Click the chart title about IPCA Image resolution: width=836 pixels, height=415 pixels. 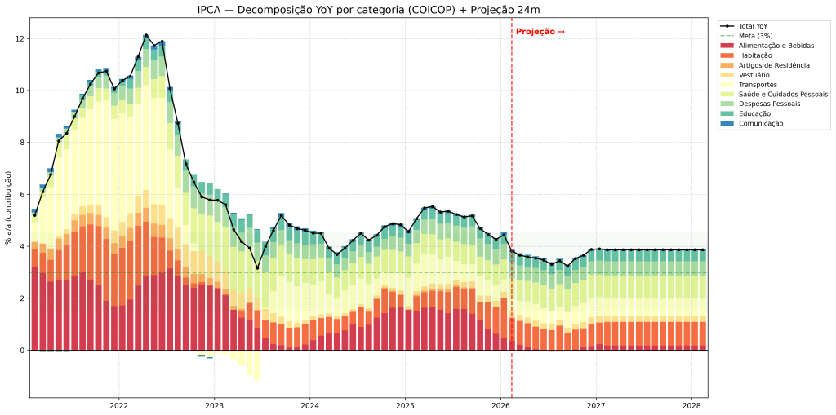tap(368, 10)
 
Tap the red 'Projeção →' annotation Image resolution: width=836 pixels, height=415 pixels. tap(540, 32)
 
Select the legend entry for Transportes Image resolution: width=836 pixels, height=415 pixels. tap(757, 85)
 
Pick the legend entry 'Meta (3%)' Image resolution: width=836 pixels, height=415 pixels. tap(755, 36)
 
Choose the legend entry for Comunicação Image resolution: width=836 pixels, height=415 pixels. tap(760, 123)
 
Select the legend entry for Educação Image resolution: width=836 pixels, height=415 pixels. tap(756, 113)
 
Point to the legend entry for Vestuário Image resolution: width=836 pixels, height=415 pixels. tap(756, 75)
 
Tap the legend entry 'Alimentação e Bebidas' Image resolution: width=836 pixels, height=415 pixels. tap(776, 46)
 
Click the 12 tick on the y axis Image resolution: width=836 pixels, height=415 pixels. tap(21, 39)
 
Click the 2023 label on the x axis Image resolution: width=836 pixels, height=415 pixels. tap(214, 405)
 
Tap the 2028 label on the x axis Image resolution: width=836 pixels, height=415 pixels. tap(691, 405)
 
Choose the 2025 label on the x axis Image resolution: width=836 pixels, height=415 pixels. tap(405, 405)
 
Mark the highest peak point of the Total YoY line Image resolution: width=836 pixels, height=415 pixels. tap(145, 36)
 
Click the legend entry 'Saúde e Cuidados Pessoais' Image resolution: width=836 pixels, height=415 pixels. tap(783, 95)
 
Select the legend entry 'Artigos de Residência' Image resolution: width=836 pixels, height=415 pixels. tap(774, 65)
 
